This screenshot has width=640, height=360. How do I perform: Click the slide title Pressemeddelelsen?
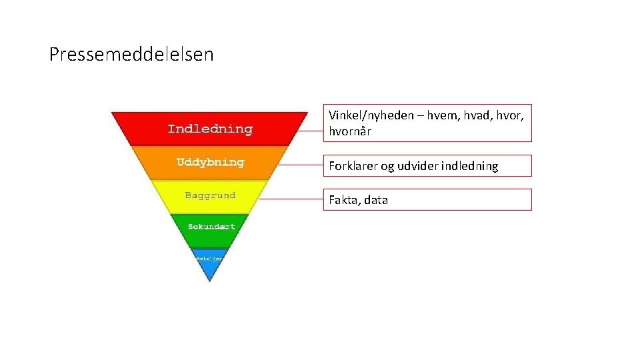[x=131, y=55]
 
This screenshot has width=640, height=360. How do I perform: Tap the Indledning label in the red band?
[x=210, y=129]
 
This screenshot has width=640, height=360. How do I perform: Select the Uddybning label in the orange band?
[x=210, y=162]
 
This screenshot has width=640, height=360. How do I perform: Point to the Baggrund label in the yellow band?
[x=210, y=195]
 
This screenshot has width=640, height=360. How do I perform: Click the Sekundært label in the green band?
[x=211, y=227]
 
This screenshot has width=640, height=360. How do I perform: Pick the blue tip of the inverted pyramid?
[x=209, y=263]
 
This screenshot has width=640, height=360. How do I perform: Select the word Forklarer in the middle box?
[x=353, y=166]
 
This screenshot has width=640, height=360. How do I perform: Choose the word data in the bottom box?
[x=376, y=200]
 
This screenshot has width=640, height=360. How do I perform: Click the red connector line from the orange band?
[x=299, y=164]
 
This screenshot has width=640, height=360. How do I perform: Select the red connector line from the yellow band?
[x=291, y=199]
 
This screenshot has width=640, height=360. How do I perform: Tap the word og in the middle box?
[x=387, y=167]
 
